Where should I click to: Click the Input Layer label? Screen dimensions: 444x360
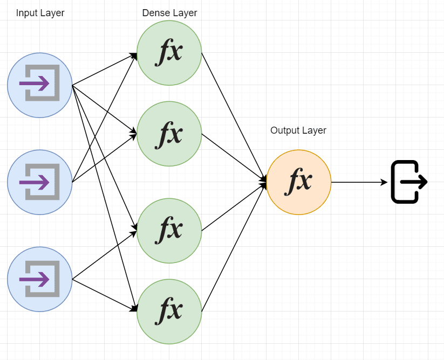[x=40, y=13]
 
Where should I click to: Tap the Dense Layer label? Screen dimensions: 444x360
[x=169, y=13]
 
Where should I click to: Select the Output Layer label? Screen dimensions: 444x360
[x=298, y=130]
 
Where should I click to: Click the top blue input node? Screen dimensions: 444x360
[x=39, y=85]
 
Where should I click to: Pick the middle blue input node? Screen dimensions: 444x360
[x=39, y=182]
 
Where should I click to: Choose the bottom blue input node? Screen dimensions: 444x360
[x=39, y=279]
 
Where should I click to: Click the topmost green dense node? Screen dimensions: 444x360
[x=169, y=53]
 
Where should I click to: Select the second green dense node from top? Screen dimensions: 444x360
[x=169, y=134]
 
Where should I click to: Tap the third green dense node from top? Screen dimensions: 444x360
[x=169, y=231]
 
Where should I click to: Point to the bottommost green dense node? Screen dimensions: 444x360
[x=169, y=311]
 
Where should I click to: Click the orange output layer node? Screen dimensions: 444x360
[x=299, y=182]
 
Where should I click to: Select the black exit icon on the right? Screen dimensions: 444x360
[x=409, y=182]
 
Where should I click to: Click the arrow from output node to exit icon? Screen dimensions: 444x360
[x=359, y=182]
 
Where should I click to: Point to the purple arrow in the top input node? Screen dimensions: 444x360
[x=35, y=83]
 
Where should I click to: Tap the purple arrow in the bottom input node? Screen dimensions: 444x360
[x=35, y=279]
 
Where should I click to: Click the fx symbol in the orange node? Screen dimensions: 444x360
[x=298, y=181]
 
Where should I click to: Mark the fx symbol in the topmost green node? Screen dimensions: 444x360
[x=169, y=52]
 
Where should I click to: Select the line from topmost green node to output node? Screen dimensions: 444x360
[x=234, y=117]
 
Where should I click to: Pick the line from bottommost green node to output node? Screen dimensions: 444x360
[x=234, y=247]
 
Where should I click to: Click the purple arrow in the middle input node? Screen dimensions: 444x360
[x=35, y=182]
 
